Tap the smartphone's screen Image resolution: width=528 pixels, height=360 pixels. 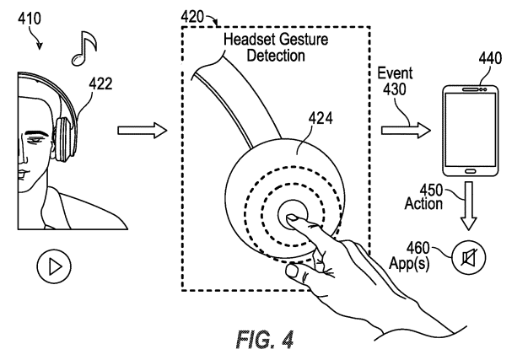click(470, 129)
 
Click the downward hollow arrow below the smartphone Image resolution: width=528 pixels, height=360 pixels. click(469, 207)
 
